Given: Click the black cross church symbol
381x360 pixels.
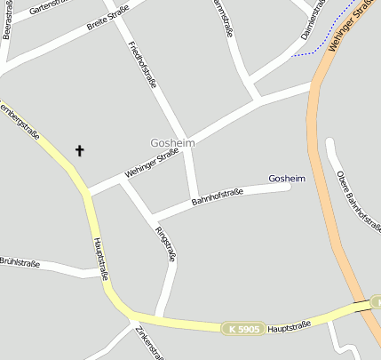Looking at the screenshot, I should tap(79, 150).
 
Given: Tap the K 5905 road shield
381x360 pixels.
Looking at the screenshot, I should tap(242, 329).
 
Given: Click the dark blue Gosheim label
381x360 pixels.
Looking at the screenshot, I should tap(286, 179).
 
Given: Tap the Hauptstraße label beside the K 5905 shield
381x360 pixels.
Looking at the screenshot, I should tap(289, 326).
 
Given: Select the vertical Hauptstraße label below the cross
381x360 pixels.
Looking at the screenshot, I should tap(99, 259).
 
